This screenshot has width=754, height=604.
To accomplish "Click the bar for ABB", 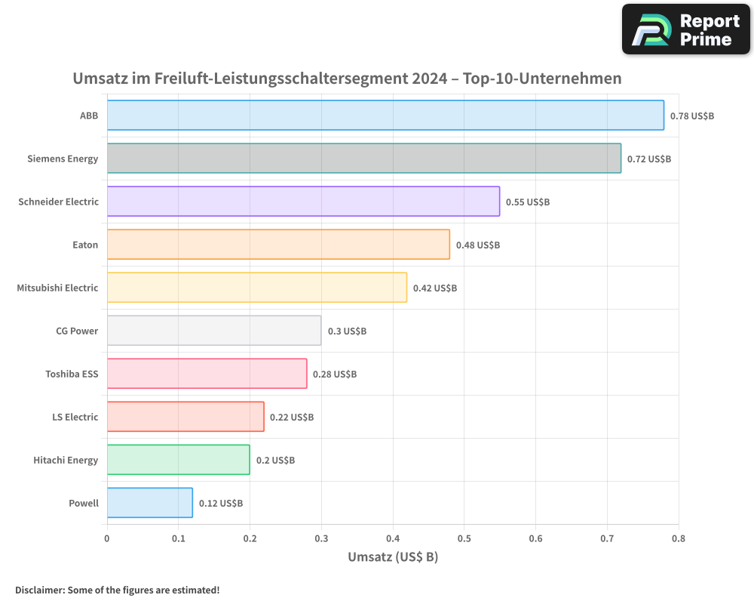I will (x=385, y=116).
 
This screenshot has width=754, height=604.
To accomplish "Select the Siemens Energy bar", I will (x=364, y=159).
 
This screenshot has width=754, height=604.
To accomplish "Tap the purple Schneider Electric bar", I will (x=303, y=202).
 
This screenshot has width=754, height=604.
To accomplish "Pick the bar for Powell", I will (x=150, y=503).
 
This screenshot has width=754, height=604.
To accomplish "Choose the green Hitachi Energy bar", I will (x=179, y=460).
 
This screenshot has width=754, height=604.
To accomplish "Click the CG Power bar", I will (x=214, y=331).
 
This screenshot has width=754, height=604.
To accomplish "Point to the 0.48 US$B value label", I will (x=478, y=245).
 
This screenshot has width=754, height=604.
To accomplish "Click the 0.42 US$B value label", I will (x=435, y=288).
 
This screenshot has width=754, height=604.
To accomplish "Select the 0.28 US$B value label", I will (x=335, y=374).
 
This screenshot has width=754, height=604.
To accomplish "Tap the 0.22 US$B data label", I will (x=292, y=418).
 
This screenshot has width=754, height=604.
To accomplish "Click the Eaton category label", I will (x=85, y=245).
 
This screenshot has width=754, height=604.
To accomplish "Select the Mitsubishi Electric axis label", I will (x=57, y=288).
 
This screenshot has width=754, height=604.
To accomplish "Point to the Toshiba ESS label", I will (x=72, y=374).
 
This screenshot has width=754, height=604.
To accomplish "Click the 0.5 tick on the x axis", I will (x=464, y=538).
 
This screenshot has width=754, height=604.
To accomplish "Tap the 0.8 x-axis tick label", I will (x=679, y=538).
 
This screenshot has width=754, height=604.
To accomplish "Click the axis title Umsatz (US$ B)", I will (x=393, y=557).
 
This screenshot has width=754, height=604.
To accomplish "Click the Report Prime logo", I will (x=686, y=29).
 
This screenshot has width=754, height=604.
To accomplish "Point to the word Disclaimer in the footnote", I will (x=39, y=590).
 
